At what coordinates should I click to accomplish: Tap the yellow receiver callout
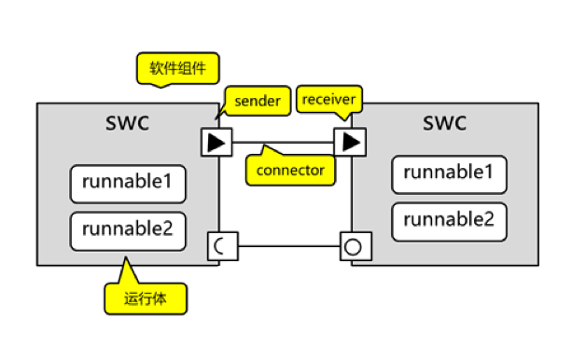point(329,99)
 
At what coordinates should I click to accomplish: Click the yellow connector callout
point(289,170)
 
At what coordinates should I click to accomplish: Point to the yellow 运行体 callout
point(144,298)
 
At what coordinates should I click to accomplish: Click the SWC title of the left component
point(128,123)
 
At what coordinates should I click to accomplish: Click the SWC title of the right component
point(444,123)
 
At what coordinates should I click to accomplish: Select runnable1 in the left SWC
point(128,184)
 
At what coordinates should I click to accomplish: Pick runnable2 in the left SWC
point(128,228)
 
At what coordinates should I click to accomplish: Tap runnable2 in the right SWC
point(449,220)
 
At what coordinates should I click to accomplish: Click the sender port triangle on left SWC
point(216,143)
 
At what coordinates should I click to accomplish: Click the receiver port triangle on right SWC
point(351,143)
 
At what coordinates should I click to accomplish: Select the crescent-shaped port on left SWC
point(222,246)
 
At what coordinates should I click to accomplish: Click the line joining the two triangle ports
point(284,143)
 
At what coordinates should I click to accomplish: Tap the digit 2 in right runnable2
point(489,220)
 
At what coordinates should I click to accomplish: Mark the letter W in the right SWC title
point(444,123)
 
